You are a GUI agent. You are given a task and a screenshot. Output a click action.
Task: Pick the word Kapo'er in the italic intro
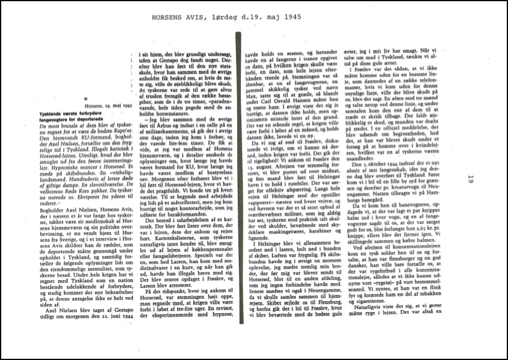124,124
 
